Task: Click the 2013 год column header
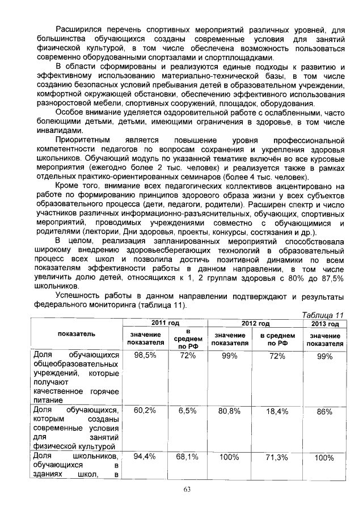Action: pyautogui.click(x=324, y=324)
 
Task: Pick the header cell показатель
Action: pyautogui.click(x=77, y=334)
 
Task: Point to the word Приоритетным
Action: pyautogui.click(x=81, y=140)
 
